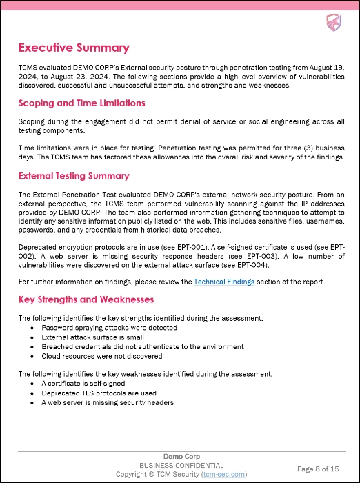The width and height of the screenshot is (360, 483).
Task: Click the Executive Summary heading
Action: coord(74,48)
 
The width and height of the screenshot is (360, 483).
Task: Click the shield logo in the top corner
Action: coord(333,23)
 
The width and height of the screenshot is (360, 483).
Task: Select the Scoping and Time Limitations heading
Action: coord(81,103)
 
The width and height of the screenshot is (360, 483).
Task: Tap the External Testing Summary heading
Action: coord(73,175)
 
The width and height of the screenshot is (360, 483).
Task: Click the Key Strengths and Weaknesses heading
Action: coord(86,299)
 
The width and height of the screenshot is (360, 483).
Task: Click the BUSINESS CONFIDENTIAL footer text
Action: coord(180,466)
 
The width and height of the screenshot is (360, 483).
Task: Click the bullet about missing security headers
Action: coord(107,403)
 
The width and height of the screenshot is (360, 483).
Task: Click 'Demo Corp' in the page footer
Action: coord(180,457)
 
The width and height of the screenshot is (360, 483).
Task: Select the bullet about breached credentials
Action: coord(142,346)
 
